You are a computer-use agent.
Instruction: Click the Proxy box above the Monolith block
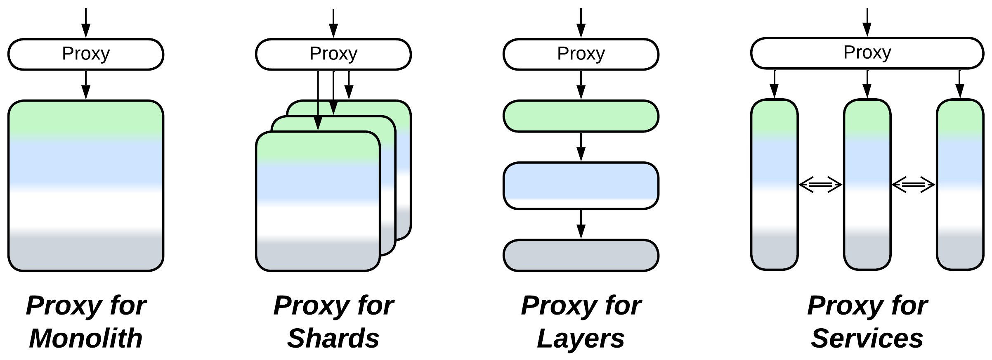click(x=86, y=54)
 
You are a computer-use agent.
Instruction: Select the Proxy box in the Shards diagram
click(x=333, y=54)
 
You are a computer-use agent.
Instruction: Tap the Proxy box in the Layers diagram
click(x=581, y=54)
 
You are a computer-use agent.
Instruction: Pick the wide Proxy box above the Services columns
click(x=867, y=53)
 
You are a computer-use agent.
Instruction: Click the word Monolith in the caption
click(x=86, y=339)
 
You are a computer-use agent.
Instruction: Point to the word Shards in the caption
click(x=333, y=339)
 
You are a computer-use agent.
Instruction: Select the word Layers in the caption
click(x=581, y=339)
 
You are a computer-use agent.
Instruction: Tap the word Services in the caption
click(x=867, y=339)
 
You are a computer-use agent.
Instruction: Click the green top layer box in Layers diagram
click(x=581, y=116)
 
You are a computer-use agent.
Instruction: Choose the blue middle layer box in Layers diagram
click(x=581, y=186)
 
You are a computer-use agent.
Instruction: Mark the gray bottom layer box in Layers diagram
click(x=581, y=255)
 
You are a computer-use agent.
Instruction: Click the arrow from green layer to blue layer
click(x=581, y=147)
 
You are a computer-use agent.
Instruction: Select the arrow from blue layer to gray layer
click(x=581, y=224)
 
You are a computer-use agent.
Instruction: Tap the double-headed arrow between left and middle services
click(x=820, y=185)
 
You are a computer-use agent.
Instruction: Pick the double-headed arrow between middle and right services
click(x=913, y=185)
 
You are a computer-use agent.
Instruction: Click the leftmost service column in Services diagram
click(x=774, y=185)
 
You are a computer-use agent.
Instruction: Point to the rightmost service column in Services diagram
click(x=960, y=185)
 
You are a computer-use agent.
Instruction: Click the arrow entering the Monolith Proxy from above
click(x=86, y=23)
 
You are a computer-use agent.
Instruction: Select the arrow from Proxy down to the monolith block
click(x=86, y=85)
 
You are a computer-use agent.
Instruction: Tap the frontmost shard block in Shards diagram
click(x=318, y=202)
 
